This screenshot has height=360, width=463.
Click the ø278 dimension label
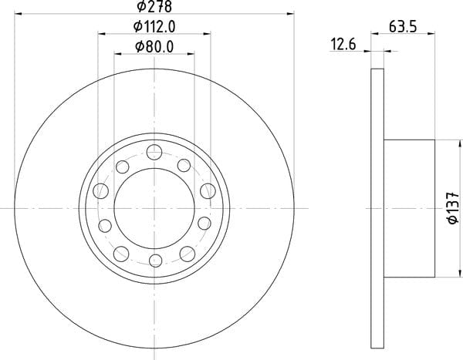coord(154,6)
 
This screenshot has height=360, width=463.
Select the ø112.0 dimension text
coord(154,27)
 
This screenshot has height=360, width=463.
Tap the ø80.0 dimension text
coord(154,46)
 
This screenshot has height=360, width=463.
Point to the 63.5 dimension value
coord(403,26)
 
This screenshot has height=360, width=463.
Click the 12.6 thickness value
coord(343,45)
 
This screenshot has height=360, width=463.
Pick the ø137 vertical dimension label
coord(453,207)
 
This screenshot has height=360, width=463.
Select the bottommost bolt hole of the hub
coord(156,261)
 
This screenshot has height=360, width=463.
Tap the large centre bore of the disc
coord(154,208)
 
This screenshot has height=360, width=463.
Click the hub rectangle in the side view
coord(409,208)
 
